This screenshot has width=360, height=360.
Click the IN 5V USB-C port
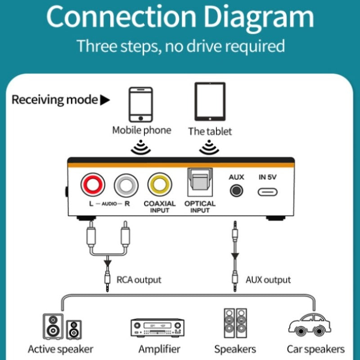267,192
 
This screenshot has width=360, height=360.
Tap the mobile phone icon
141,104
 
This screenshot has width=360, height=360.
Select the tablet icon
210,101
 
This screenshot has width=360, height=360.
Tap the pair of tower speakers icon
235,323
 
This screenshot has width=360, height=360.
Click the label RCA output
139,279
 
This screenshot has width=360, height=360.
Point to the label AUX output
268,279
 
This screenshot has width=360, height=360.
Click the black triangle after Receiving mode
105,100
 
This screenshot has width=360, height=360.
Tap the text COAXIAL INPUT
160,207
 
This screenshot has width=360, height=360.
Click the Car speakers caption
315,349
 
